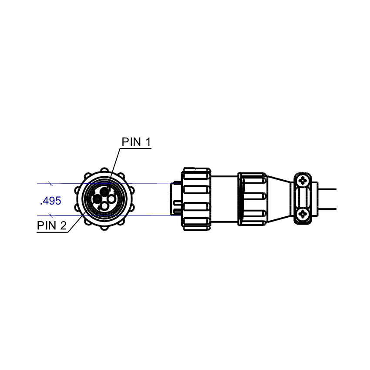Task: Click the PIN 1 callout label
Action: (x=136, y=142)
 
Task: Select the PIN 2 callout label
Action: (x=52, y=225)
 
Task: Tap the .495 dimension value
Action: (x=50, y=201)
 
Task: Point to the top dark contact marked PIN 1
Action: (x=105, y=191)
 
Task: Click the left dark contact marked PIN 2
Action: (x=97, y=199)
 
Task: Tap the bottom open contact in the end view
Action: (x=104, y=207)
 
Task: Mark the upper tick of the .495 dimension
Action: (x=51, y=183)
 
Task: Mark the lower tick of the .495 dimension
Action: (x=51, y=215)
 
